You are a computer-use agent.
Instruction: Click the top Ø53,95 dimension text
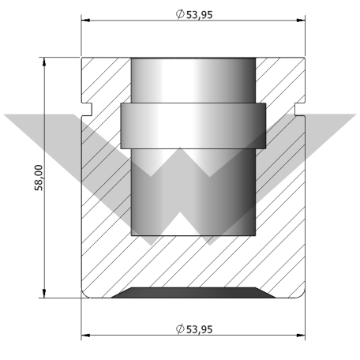pyautogui.click(x=194, y=14)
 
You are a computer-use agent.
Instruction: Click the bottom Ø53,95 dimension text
pyautogui.click(x=194, y=329)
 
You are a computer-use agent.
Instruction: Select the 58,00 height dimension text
pyautogui.click(x=39, y=178)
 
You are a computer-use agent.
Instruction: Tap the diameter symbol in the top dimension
pyautogui.click(x=180, y=14)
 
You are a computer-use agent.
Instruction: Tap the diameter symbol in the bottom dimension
pyautogui.click(x=180, y=329)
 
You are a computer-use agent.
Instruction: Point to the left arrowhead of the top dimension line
pyautogui.click(x=85, y=21)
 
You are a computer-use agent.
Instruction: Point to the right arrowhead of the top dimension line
pyautogui.click(x=301, y=21)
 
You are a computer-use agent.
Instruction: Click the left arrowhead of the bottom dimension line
pyautogui.click(x=85, y=336)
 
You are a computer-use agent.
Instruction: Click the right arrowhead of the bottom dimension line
pyautogui.click(x=301, y=336)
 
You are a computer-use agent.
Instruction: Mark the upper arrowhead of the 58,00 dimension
pyautogui.click(x=44, y=62)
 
